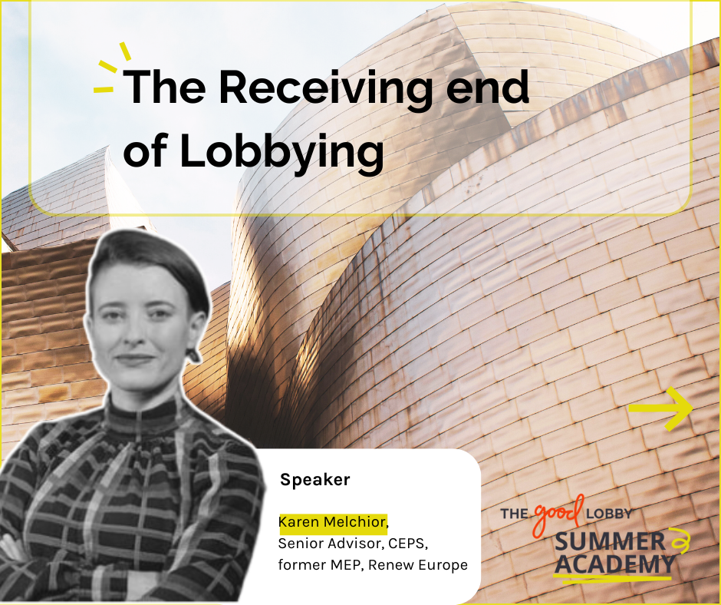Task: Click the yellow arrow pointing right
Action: tap(660, 409)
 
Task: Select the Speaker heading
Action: tap(315, 480)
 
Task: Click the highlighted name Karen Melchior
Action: tap(332, 521)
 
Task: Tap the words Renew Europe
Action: tap(418, 564)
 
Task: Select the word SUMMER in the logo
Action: tap(611, 542)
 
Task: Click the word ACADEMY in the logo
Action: tap(615, 564)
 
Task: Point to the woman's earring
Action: tap(193, 355)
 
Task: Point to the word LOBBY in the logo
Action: tap(608, 514)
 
